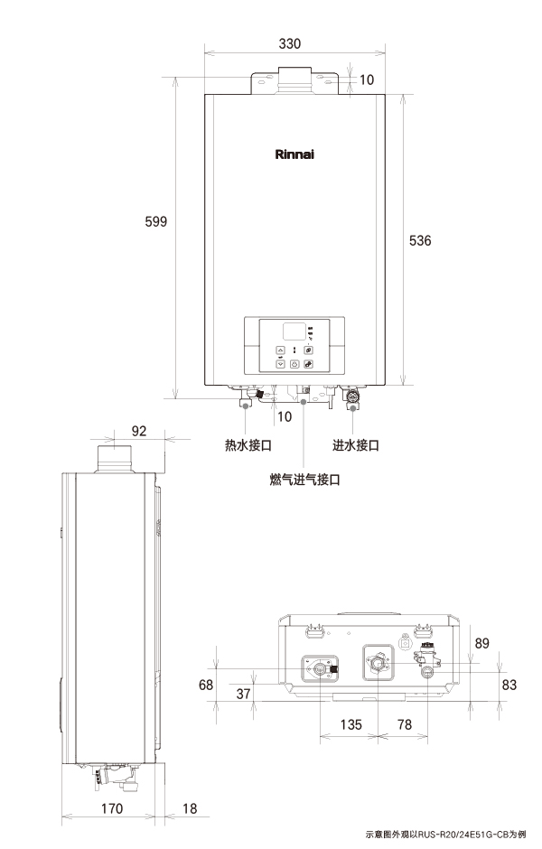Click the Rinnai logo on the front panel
pyautogui.click(x=294, y=154)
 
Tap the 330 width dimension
pyautogui.click(x=290, y=43)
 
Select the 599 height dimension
pyautogui.click(x=156, y=221)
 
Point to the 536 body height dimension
pyautogui.click(x=420, y=240)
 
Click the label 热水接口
pyautogui.click(x=248, y=445)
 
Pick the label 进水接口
pyautogui.click(x=356, y=445)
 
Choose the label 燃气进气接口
pyautogui.click(x=304, y=480)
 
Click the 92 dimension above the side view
pyautogui.click(x=139, y=431)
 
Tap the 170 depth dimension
pyautogui.click(x=112, y=808)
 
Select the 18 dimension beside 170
pyautogui.click(x=190, y=808)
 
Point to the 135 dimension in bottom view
pyautogui.click(x=350, y=724)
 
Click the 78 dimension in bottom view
pyautogui.click(x=405, y=724)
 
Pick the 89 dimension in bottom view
pyautogui.click(x=481, y=643)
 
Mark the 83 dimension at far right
pyautogui.click(x=509, y=685)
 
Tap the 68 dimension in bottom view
pyautogui.click(x=206, y=685)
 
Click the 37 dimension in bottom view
pyautogui.click(x=244, y=694)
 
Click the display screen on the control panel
pyautogui.click(x=294, y=331)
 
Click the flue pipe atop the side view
pyautogui.click(x=114, y=459)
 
